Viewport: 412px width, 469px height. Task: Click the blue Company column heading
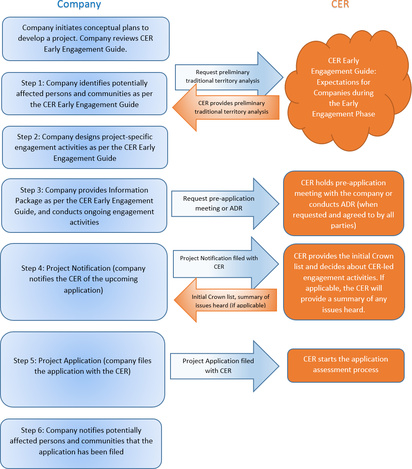79,5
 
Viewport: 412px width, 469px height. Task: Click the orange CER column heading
340,5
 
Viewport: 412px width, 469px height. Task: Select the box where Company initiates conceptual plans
86,39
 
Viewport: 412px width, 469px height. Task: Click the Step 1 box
84,94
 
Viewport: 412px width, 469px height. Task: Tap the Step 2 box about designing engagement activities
85,147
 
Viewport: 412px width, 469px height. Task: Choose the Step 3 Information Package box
84,206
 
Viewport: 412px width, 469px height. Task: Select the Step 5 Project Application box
82,366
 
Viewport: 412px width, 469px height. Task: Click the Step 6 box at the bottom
81,441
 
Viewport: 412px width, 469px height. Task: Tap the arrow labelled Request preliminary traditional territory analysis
223,76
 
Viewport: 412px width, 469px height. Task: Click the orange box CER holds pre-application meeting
343,204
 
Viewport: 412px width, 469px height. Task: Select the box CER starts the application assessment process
346,365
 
